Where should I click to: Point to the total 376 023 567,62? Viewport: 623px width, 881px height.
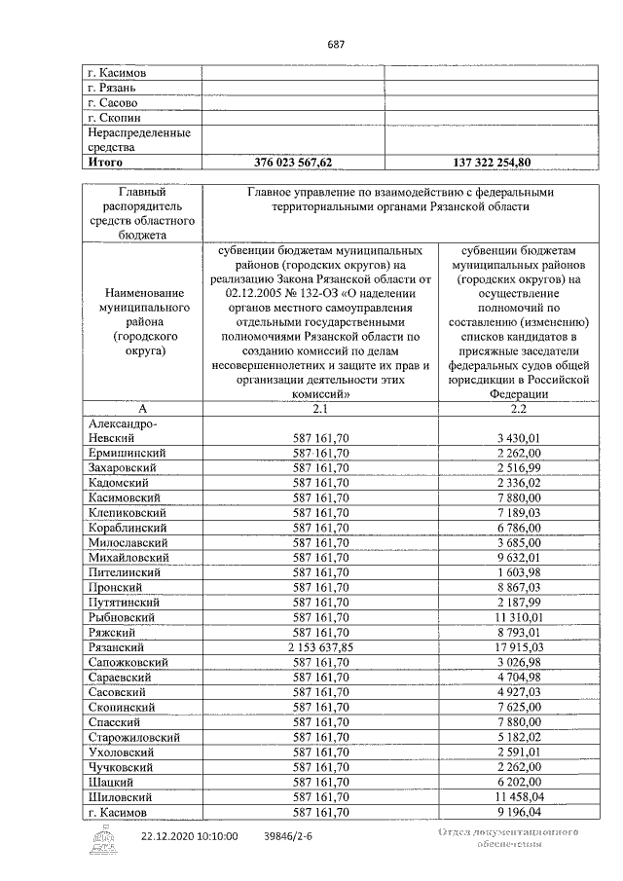pyautogui.click(x=293, y=163)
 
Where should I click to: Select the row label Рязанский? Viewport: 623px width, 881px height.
pyautogui.click(x=117, y=646)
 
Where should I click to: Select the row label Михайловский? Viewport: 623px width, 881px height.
pyautogui.click(x=127, y=557)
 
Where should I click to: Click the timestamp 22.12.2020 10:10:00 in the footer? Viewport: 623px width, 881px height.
pyautogui.click(x=189, y=835)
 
